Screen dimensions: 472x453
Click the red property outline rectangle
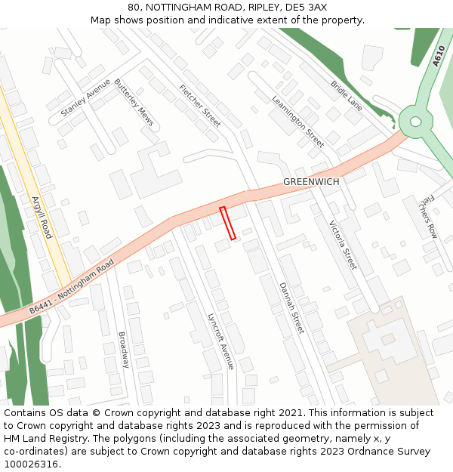(x=227, y=223)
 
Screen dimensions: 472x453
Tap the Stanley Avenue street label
(x=85, y=97)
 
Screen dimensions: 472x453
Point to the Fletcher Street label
(x=200, y=105)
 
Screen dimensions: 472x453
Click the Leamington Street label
(x=297, y=121)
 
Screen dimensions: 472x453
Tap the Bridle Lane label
(x=347, y=97)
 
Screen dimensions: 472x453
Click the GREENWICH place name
(x=311, y=182)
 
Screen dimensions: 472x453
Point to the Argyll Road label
(x=41, y=217)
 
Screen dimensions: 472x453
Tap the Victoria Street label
(x=342, y=245)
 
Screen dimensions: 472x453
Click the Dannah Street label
(x=291, y=308)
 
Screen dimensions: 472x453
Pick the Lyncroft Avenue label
(x=221, y=341)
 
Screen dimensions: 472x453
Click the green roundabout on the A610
(x=414, y=120)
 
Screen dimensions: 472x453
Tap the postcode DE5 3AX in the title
(x=306, y=7)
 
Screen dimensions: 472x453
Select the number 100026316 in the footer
(x=31, y=464)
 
